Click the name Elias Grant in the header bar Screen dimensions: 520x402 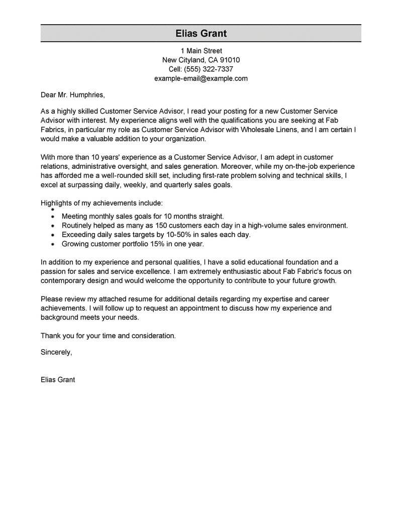[x=201, y=34]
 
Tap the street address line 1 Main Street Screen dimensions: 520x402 [x=201, y=51]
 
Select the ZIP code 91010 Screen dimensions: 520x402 [x=230, y=60]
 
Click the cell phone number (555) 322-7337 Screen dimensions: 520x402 [x=208, y=69]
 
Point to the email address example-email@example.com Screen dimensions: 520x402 [x=201, y=78]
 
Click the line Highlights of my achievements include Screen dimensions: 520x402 [x=102, y=203]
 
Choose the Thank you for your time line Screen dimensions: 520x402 [x=108, y=335]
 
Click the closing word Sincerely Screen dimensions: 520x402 [x=56, y=352]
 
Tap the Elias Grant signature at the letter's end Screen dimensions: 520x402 [x=58, y=380]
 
